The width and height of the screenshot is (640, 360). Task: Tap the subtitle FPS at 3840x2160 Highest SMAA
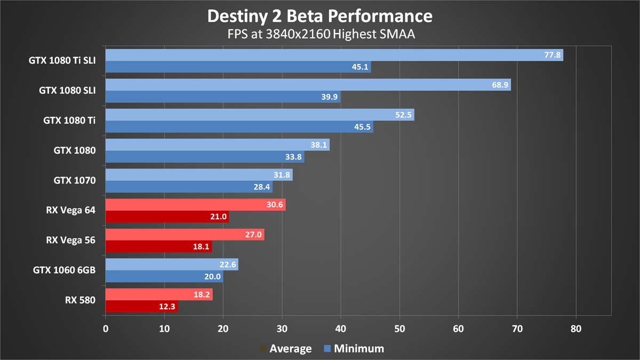(319, 35)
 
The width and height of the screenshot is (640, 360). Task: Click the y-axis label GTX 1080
(75, 150)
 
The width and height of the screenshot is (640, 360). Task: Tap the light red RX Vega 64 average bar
(195, 205)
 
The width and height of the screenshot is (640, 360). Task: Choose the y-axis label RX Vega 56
(70, 240)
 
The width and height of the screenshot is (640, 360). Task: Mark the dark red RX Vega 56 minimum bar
(158, 246)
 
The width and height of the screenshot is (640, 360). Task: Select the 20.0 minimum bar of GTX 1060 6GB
(164, 276)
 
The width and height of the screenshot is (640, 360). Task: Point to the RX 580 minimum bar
(141, 306)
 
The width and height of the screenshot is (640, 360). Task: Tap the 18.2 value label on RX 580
(204, 295)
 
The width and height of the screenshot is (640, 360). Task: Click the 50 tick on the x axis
(399, 330)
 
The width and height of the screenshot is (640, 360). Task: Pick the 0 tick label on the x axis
(106, 330)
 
